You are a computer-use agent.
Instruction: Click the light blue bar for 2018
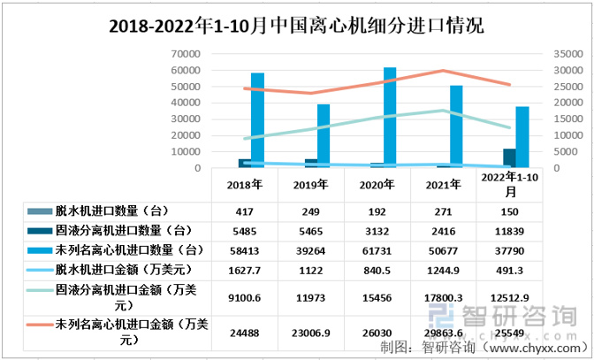coord(258,120)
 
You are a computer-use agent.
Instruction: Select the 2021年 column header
coord(444,186)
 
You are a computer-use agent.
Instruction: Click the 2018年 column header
coord(245,186)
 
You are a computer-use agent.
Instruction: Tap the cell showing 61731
coord(377,249)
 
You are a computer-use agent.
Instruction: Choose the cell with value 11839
coord(510,229)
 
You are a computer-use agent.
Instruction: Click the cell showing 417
coord(245,211)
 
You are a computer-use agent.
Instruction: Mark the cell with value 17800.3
coord(444,297)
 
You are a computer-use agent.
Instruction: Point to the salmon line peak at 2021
coord(444,71)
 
